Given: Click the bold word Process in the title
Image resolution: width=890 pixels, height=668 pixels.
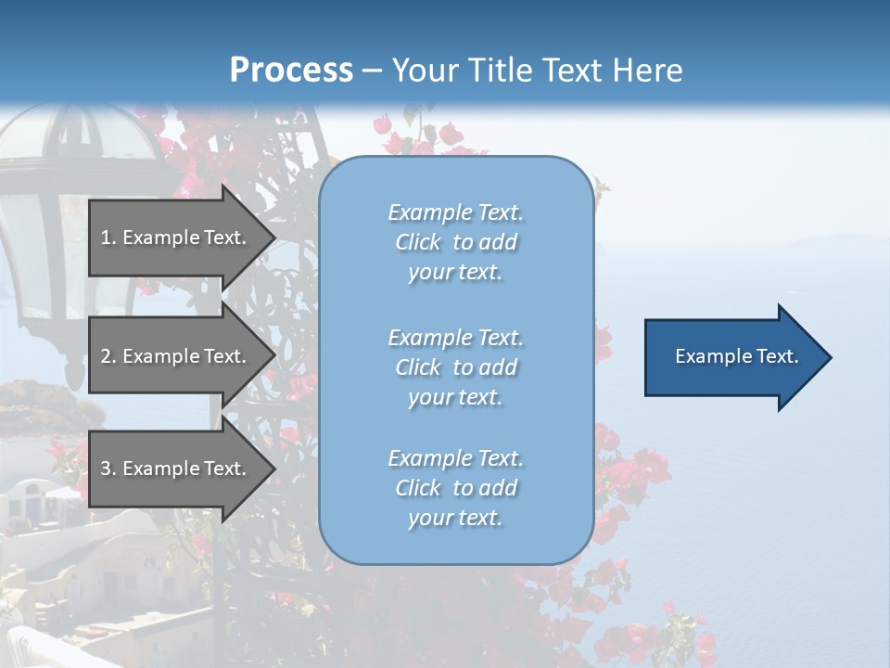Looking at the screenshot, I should point(291,71).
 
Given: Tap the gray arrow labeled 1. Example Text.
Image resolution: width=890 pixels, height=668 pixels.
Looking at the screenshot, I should point(176,238).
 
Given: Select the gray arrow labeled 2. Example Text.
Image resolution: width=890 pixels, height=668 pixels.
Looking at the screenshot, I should point(176,356).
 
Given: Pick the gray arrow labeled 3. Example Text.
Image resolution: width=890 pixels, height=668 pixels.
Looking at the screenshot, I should point(176,469).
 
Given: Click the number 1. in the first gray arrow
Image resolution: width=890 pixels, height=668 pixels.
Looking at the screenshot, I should point(108,238).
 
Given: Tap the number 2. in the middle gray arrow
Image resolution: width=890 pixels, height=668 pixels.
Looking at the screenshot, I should point(108,356).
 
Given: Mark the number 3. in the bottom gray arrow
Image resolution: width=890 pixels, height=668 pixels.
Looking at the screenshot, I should point(108,469).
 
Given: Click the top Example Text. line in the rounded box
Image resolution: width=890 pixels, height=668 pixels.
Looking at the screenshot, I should point(455,212).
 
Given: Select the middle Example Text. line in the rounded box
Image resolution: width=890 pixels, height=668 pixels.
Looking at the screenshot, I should point(455,338).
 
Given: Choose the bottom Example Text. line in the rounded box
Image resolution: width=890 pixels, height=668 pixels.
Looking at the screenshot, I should point(455,458).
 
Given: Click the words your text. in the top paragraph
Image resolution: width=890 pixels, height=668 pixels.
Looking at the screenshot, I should point(455,273).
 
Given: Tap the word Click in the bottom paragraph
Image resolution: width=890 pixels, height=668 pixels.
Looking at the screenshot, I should point(418,488).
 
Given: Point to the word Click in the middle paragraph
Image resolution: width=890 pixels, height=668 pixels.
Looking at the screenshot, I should point(418,367).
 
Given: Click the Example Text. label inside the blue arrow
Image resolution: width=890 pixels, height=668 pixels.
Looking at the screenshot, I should point(736,356).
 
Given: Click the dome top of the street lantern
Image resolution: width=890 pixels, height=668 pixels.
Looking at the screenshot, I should point(93,130).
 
